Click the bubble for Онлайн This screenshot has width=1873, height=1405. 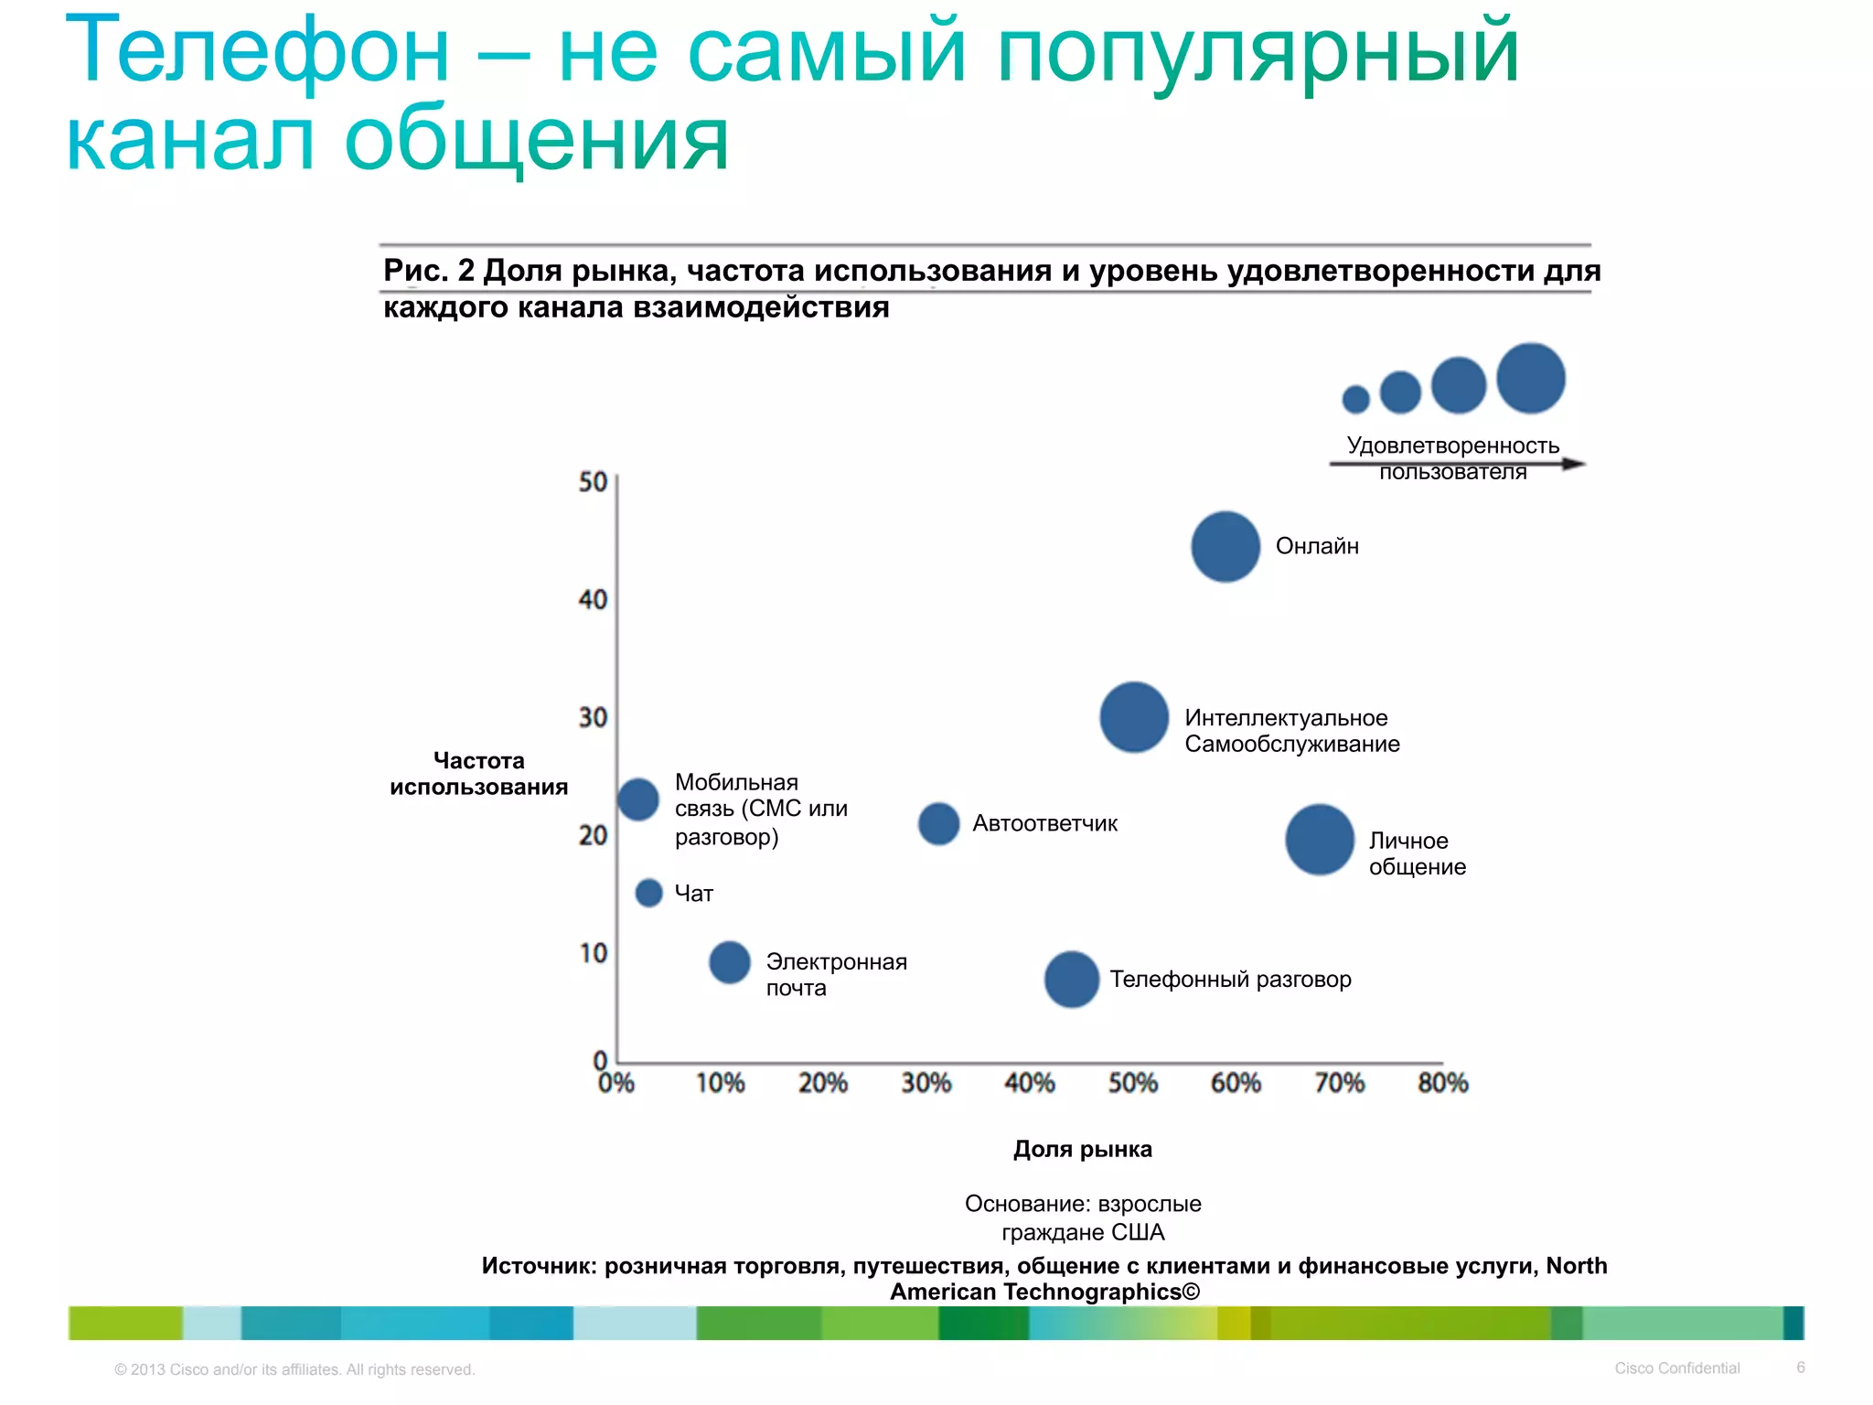click(x=1225, y=547)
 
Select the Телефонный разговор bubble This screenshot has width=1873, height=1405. click(x=1071, y=980)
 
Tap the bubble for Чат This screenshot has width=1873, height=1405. click(x=648, y=893)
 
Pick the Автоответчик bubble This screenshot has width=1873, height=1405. click(x=938, y=824)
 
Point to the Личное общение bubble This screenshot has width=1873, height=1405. click(x=1319, y=840)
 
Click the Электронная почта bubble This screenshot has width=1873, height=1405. click(x=730, y=962)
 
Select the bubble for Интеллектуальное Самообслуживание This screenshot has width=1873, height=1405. click(x=1134, y=717)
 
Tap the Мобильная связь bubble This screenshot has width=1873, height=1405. click(x=638, y=799)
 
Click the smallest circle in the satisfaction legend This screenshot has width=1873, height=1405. click(x=1355, y=399)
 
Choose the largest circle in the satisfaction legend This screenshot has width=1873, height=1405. click(x=1531, y=378)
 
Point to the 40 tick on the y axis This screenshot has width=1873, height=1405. click(x=593, y=600)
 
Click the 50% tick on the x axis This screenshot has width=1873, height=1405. click(x=1132, y=1083)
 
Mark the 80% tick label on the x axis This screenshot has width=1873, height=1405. click(x=1442, y=1083)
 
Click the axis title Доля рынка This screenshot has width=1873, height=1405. click(x=1082, y=1150)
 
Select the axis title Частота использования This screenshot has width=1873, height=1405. click(x=478, y=774)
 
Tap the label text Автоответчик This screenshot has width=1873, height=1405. click(x=1044, y=824)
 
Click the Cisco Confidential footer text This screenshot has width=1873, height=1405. click(x=1676, y=1367)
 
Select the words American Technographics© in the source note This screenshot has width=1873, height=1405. click(x=1044, y=1292)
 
